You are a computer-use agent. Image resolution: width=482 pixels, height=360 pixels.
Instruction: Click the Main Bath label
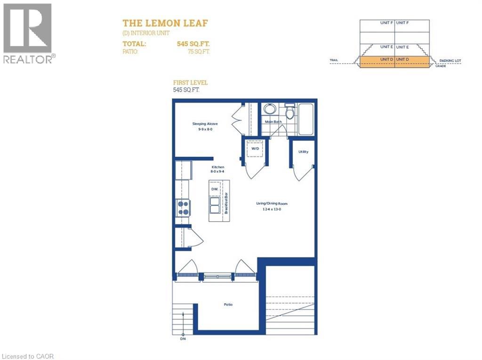(x=273, y=122)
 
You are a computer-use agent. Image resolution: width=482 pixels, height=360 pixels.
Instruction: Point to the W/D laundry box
(x=255, y=149)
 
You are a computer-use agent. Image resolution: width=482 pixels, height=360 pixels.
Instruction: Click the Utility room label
(x=303, y=152)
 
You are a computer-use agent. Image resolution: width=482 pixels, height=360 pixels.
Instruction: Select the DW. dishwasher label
(x=214, y=189)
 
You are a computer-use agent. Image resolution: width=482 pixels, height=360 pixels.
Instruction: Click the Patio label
(x=228, y=304)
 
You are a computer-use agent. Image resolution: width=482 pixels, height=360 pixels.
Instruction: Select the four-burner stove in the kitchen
(x=183, y=208)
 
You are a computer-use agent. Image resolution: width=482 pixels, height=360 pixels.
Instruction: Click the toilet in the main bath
(x=289, y=112)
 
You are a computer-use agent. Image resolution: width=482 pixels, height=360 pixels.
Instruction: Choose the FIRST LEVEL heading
(x=191, y=82)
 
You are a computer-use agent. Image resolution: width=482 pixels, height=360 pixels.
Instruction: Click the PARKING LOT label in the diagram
(x=450, y=61)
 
